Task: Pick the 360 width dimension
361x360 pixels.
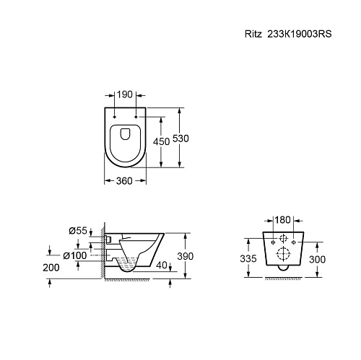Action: (125, 181)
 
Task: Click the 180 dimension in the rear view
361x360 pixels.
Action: (283, 219)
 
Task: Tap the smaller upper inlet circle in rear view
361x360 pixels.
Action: (283, 239)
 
